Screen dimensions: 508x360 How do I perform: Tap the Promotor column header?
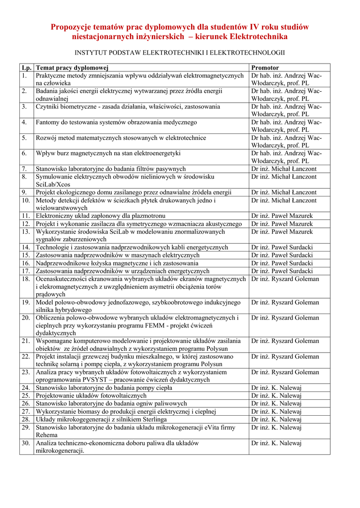tap(265, 67)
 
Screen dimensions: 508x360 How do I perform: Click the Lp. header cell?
tap(26, 67)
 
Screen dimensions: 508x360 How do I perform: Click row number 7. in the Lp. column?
tap(24, 169)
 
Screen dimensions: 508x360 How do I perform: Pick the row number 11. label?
tap(26, 216)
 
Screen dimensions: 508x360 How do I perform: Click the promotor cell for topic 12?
tap(282, 224)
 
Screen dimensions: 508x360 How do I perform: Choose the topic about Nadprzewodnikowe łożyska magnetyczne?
tap(117, 263)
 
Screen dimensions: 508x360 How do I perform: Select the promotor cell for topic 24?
tap(277, 387)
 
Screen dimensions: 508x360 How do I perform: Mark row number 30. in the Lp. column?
tap(26, 443)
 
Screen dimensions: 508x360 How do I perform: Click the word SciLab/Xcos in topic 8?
tap(53, 184)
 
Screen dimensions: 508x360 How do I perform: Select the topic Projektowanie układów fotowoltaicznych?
tap(91, 395)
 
